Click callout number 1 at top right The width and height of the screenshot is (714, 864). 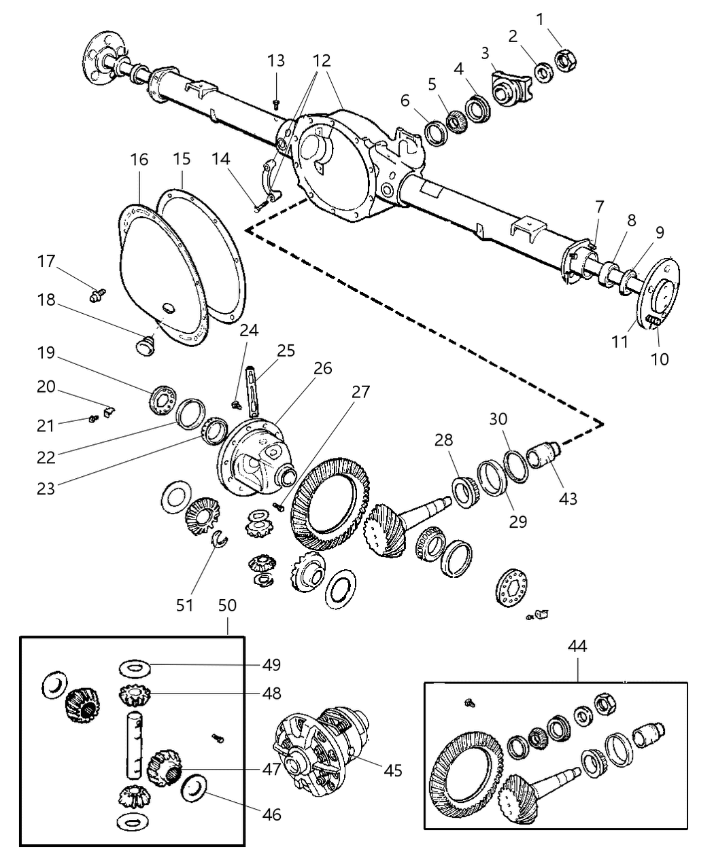tap(540, 19)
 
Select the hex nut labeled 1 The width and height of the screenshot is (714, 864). tap(566, 60)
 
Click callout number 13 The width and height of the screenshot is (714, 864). tap(275, 60)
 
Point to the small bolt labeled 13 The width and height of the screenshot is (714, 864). tap(276, 104)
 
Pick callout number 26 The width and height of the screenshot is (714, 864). tap(322, 367)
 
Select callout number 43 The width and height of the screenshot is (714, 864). tap(568, 498)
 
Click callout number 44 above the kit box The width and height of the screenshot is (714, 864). tap(578, 645)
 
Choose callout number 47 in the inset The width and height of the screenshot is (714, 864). tap(272, 770)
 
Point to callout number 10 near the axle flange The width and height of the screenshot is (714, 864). tap(659, 358)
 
